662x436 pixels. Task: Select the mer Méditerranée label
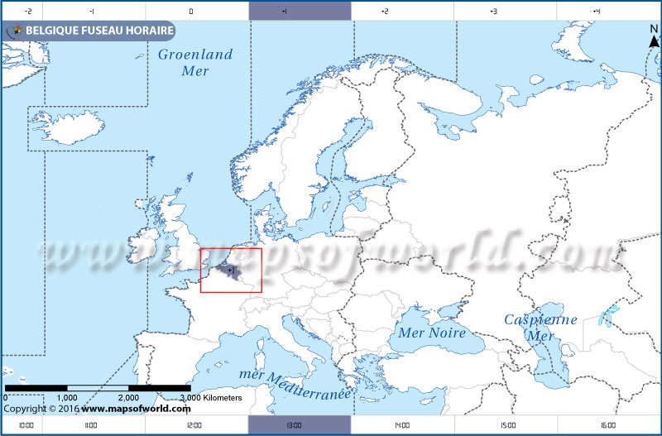[295, 382]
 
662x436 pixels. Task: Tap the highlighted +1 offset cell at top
[300, 11]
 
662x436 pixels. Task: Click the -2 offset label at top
[28, 12]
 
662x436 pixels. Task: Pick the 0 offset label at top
[191, 12]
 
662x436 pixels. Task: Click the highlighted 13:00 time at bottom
[300, 425]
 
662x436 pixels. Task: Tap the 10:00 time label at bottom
[26, 425]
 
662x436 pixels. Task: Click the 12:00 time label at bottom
[194, 425]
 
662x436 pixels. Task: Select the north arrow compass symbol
[653, 37]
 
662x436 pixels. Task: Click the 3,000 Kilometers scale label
[210, 398]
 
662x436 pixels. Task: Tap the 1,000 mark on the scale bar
[67, 398]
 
